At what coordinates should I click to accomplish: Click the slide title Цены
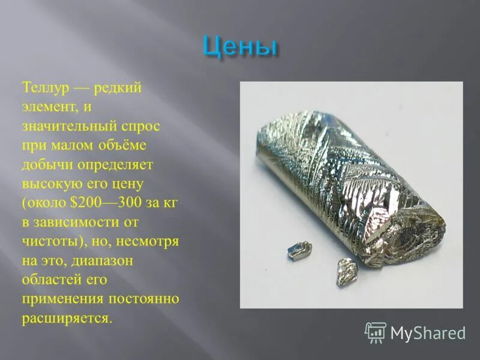pyautogui.click(x=240, y=46)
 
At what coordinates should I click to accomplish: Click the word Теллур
pyautogui.click(x=44, y=88)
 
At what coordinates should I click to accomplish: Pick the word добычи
pyautogui.click(x=44, y=164)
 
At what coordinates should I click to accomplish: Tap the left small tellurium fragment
pyautogui.click(x=299, y=250)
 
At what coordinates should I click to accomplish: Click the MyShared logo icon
pyautogui.click(x=375, y=332)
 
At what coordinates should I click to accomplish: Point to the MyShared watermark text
pyautogui.click(x=428, y=332)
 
